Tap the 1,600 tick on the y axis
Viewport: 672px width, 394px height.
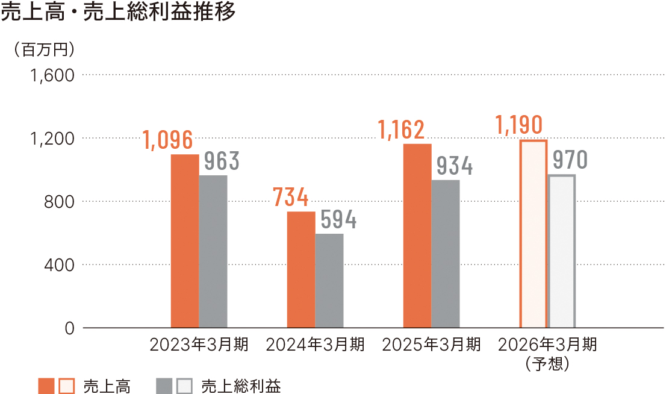click(51, 75)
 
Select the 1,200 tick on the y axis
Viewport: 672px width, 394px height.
click(51, 139)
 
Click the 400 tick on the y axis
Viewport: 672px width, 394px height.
click(60, 264)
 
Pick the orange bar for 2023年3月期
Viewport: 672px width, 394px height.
click(185, 241)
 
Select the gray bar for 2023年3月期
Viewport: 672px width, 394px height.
click(213, 251)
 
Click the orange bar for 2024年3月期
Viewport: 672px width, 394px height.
click(301, 269)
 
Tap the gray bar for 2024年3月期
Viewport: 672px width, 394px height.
click(329, 281)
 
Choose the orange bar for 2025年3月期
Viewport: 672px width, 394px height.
click(417, 236)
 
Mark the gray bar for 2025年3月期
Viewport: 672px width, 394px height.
click(446, 254)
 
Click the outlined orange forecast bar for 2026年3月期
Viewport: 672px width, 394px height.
click(533, 234)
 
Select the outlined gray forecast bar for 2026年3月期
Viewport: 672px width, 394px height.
click(562, 251)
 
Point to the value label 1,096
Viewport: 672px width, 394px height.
click(168, 140)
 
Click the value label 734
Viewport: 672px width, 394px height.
click(291, 198)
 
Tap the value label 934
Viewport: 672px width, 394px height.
click(455, 166)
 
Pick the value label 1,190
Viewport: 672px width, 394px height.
click(518, 125)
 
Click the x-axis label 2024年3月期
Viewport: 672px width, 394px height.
click(315, 345)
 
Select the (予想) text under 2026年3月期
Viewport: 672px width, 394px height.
click(547, 363)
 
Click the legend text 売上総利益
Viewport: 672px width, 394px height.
click(241, 386)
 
